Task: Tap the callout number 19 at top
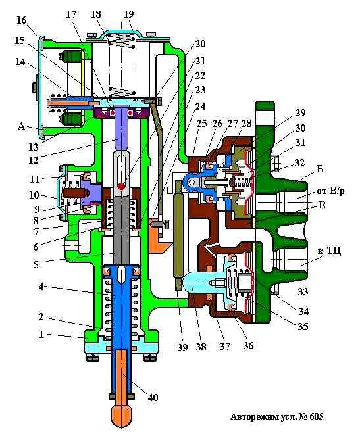click(128, 12)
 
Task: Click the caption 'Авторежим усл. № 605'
click(277, 417)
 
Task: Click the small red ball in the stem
click(122, 187)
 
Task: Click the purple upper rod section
click(121, 129)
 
